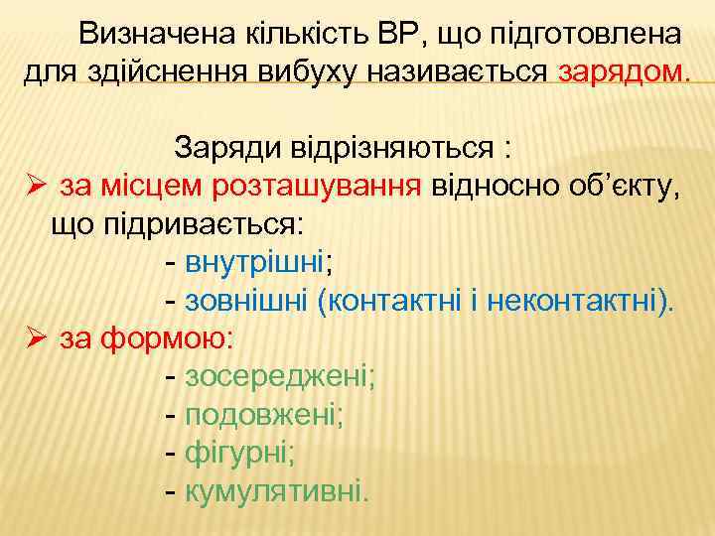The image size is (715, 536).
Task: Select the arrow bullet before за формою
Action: coord(36,337)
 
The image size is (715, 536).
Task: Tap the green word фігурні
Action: coord(236,453)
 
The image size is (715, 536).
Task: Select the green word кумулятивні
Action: coord(273,490)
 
